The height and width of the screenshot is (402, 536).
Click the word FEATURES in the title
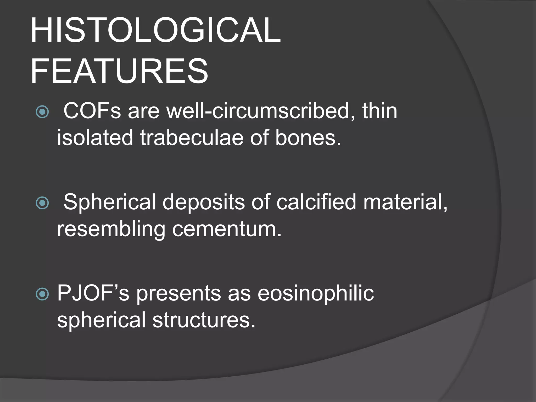point(119,71)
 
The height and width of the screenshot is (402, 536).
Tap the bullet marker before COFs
point(42,112)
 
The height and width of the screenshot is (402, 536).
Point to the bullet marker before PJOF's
point(42,294)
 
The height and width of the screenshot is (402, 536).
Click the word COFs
point(92,111)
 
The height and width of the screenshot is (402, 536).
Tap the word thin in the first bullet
point(379,111)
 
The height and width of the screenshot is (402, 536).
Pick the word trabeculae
point(192,138)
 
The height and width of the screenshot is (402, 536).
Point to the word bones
point(308,138)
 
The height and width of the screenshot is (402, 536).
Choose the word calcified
point(316,202)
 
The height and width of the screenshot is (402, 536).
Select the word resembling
point(111,229)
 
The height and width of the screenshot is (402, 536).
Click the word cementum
point(227,229)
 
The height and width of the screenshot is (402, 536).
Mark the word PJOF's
point(93,293)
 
